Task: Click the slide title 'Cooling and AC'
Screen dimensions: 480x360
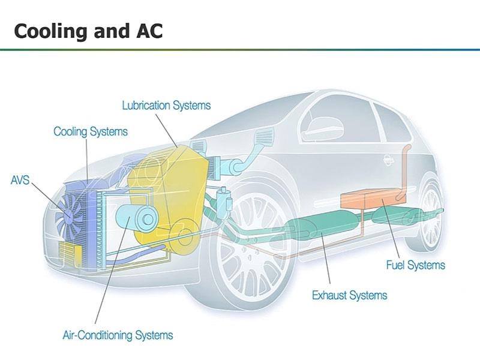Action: point(88,31)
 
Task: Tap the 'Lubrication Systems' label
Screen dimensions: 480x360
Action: point(166,106)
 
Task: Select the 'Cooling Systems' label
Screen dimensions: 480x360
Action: point(91,131)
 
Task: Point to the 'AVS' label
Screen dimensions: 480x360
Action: point(20,180)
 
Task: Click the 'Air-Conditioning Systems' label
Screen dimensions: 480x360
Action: point(118,335)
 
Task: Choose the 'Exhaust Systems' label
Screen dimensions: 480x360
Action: point(350,295)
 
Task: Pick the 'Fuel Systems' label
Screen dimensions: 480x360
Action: point(415,265)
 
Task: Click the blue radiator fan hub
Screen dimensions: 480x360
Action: point(69,216)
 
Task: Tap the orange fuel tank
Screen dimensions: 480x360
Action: point(373,200)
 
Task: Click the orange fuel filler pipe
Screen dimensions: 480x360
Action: point(404,172)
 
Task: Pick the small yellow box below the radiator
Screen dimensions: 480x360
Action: point(70,253)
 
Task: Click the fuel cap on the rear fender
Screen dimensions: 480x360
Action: point(388,160)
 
